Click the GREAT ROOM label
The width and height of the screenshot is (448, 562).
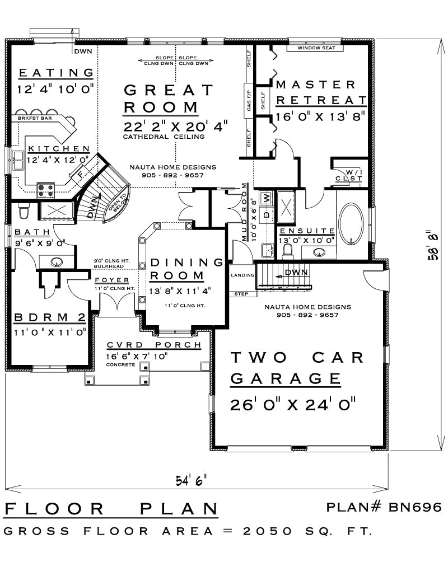coord(168,99)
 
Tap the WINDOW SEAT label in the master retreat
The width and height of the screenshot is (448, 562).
coord(316,48)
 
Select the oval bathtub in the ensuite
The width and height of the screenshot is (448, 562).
coord(351,224)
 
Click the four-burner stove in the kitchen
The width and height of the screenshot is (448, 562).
coord(46,190)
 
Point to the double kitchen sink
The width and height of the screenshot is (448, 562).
coord(17,160)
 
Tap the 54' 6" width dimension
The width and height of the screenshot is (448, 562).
coord(191,480)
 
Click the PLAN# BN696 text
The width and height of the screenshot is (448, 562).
coord(384,507)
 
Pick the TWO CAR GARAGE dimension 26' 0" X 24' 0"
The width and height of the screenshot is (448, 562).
coord(292,405)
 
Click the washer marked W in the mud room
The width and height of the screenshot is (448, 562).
coord(266,197)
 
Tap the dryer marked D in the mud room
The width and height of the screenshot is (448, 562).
coord(266,215)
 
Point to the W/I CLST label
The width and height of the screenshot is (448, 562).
coord(349,176)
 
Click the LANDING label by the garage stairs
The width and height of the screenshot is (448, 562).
coord(242,275)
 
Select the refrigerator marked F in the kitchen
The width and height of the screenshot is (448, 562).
coord(80,175)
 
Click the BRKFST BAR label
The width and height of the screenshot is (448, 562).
coord(35,118)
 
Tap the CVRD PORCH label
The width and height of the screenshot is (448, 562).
coord(154,345)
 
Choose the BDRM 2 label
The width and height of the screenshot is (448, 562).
coord(50,317)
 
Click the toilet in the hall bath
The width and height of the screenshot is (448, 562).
coord(24,210)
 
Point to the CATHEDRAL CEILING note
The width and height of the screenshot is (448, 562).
coord(164,137)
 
